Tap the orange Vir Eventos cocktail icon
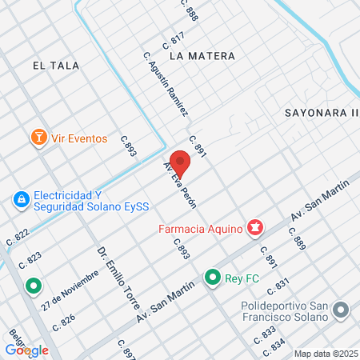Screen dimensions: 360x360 coord(37,138)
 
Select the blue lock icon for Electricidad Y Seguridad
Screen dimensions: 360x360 coord(21,200)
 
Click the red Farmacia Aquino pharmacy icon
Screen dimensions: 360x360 coord(254,230)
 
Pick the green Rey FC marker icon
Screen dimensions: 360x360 coord(212,278)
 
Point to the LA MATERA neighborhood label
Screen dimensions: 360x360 coord(202,56)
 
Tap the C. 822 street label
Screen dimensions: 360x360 coord(18,237)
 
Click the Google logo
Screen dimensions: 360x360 coord(26,350)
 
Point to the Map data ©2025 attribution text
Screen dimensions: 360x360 coord(326,354)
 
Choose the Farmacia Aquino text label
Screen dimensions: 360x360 coord(200,230)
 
